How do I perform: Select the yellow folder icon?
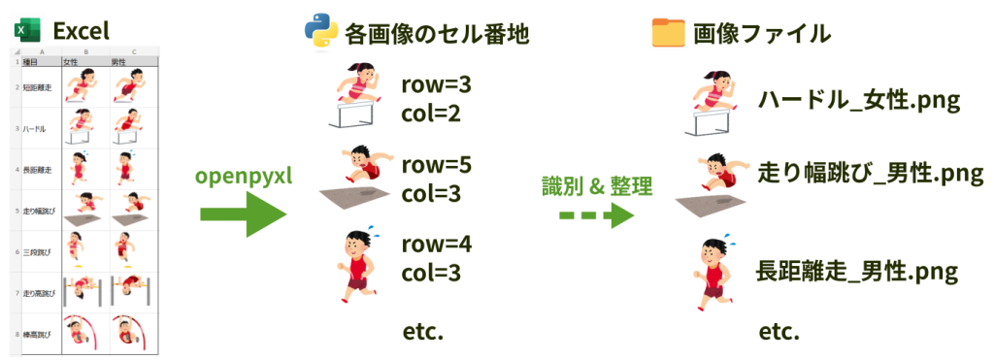coord(668,33)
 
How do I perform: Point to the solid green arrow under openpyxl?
coord(243,215)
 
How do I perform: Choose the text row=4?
coord(436,242)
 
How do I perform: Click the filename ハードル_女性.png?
coord(858,101)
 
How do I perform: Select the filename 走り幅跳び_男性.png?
coord(871,174)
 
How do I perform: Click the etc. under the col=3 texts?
coord(422,333)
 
